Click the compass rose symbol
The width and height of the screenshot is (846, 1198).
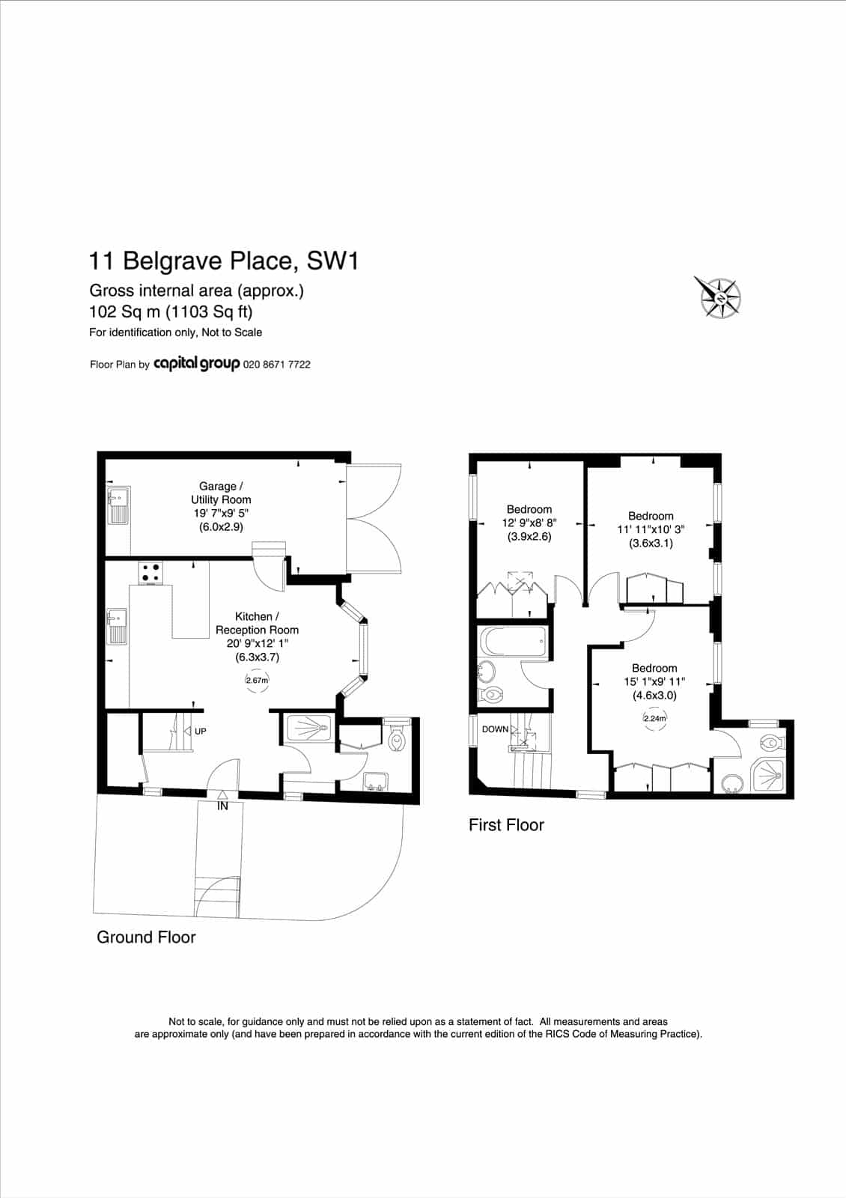tap(719, 297)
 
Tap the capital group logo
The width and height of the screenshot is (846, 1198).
tap(196, 364)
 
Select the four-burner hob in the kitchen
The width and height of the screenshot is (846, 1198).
tap(150, 573)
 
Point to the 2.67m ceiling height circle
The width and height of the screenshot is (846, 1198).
tap(257, 681)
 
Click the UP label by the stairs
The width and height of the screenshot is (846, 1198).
tap(200, 731)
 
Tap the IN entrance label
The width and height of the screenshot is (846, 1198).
tap(222, 806)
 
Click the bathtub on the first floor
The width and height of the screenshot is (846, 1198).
tap(513, 642)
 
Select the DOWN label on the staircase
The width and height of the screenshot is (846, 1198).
tap(495, 729)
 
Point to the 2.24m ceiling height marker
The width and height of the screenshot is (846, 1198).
tap(654, 718)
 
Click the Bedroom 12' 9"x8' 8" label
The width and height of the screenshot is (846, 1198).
tap(529, 523)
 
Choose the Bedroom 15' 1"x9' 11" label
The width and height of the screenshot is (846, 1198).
tap(654, 681)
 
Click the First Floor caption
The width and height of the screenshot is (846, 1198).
tap(506, 824)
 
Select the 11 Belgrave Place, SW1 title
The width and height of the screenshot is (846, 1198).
tap(224, 261)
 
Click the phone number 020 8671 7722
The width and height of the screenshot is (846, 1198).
tap(276, 365)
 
